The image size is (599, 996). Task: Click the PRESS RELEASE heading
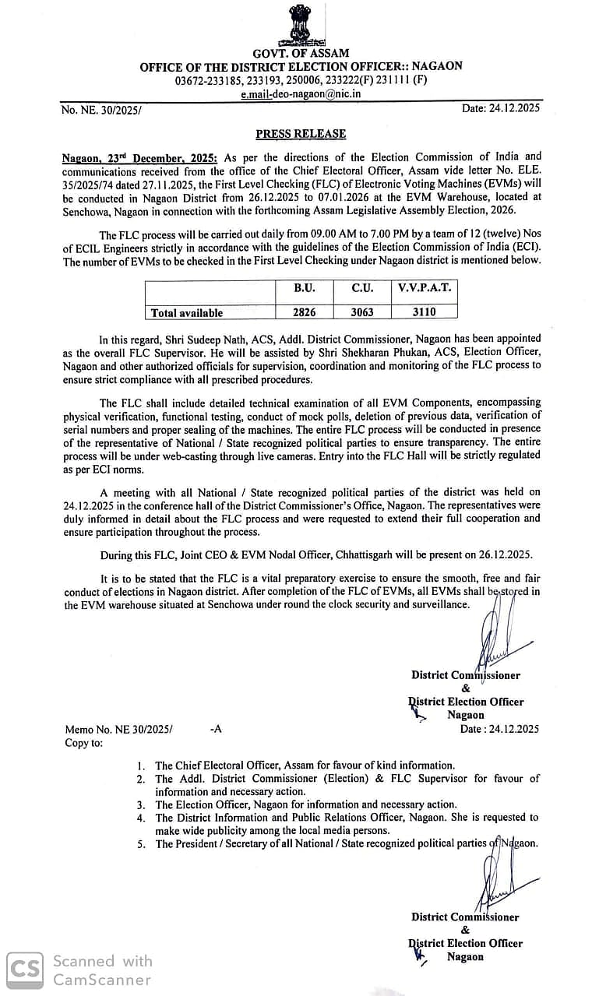(x=301, y=134)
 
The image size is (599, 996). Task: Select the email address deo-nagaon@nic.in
(x=301, y=94)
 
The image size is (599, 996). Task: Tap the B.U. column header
(x=304, y=288)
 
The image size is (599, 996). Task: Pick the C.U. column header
(x=361, y=288)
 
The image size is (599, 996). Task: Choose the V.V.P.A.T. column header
(x=424, y=288)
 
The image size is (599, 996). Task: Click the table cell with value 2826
(x=304, y=311)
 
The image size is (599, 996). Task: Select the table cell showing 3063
(x=361, y=311)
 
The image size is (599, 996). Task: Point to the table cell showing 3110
(x=424, y=311)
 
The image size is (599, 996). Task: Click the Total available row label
(x=187, y=312)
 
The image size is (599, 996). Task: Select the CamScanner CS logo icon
(x=25, y=969)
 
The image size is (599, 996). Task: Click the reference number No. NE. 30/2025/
(x=101, y=110)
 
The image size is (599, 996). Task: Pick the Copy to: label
(x=83, y=743)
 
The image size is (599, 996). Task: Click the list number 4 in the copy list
(x=141, y=818)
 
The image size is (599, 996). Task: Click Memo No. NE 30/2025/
(x=118, y=730)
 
